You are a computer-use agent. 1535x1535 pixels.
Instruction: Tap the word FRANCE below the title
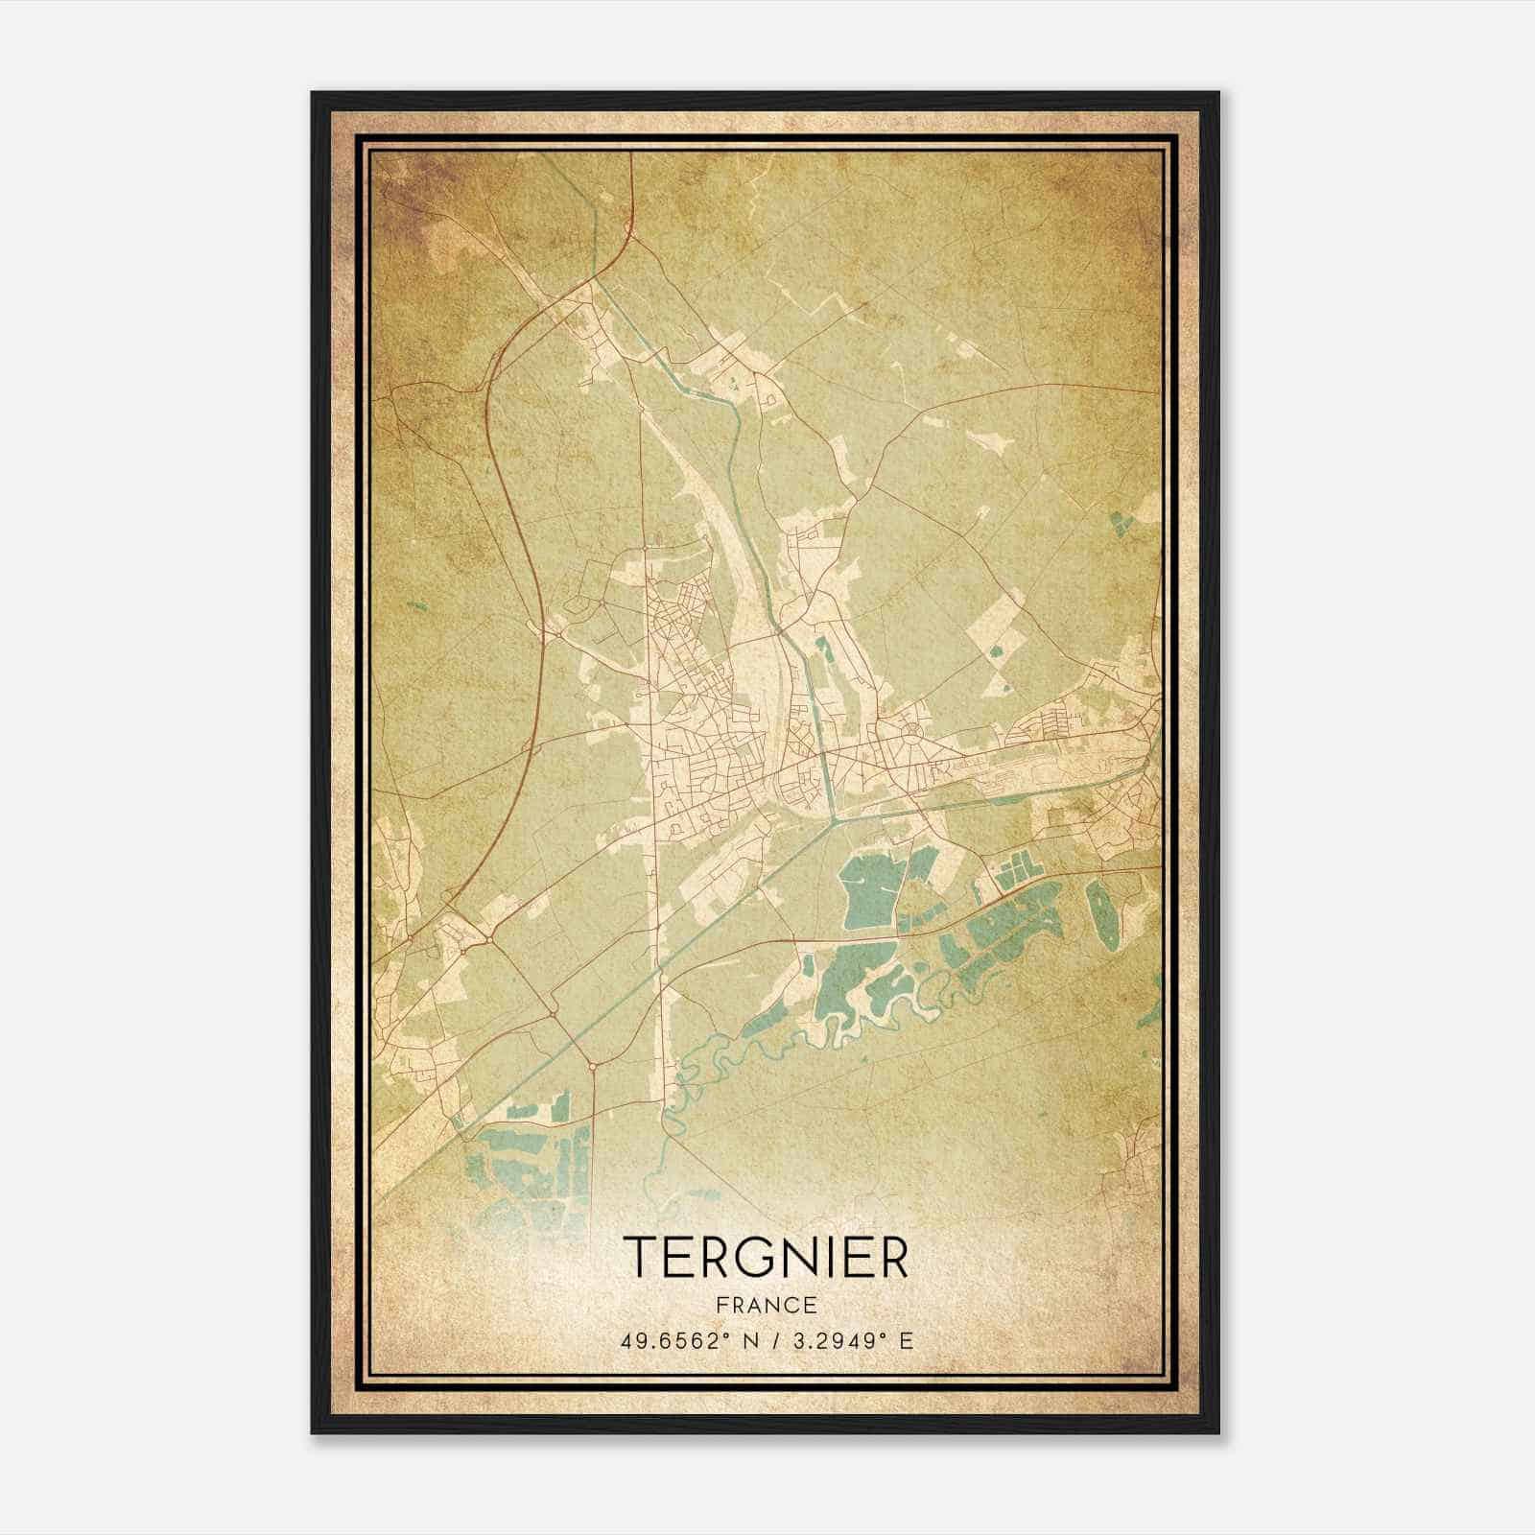click(x=766, y=1305)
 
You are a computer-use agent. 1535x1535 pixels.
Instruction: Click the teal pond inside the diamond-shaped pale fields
click(x=995, y=653)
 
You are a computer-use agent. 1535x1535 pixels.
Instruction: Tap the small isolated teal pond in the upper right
click(x=1121, y=523)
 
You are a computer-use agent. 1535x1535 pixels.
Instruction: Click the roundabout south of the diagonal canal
click(x=593, y=1065)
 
